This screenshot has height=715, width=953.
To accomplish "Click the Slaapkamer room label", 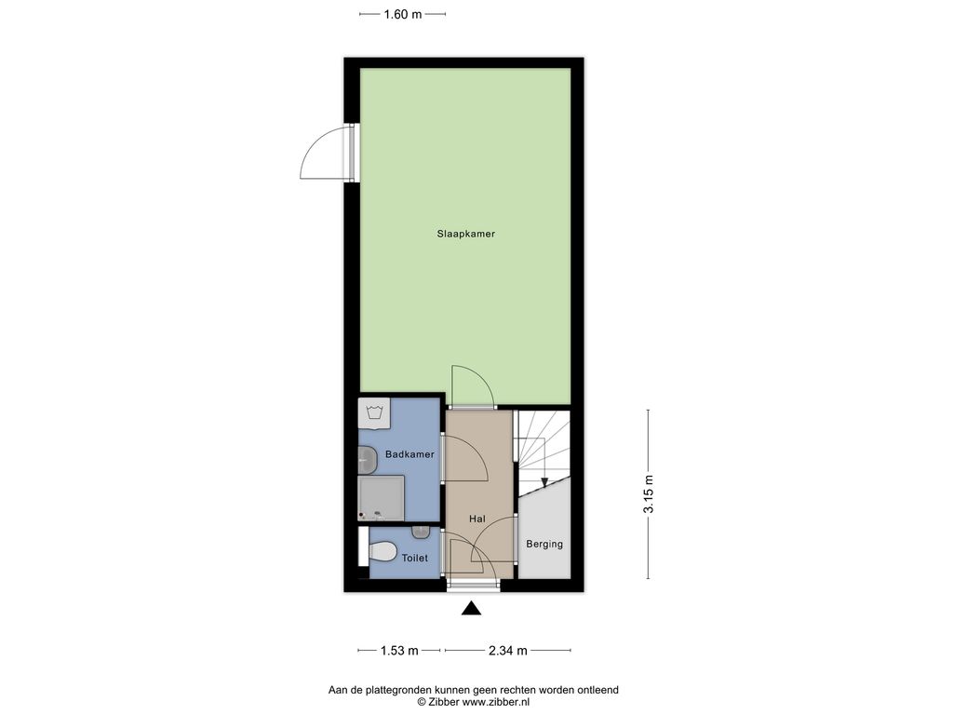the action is [x=465, y=234].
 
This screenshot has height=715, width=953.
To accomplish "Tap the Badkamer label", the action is [x=409, y=454].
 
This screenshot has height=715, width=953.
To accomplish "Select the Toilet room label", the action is [x=414, y=558].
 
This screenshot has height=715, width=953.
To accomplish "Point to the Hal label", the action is [x=477, y=519].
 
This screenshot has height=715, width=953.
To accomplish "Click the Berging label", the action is [x=544, y=544].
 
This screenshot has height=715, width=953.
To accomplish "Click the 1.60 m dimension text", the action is [x=402, y=14].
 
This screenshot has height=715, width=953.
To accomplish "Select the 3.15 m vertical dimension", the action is [x=649, y=493].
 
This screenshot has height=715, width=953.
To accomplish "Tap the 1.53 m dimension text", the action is [x=399, y=651].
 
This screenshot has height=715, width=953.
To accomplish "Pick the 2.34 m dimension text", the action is [x=507, y=651].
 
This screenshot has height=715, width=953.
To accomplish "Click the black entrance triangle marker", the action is [x=471, y=609].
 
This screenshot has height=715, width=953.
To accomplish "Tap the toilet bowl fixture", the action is [x=381, y=553].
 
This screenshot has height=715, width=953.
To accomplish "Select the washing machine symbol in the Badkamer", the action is [x=374, y=414].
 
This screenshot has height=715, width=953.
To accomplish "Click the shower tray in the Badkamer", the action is [x=381, y=499].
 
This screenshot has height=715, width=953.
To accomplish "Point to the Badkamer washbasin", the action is [x=367, y=460].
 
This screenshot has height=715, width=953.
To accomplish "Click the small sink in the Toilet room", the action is [x=421, y=533].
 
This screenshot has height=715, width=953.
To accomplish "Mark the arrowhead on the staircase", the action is [x=544, y=482].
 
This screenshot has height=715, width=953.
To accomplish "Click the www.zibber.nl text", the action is [x=496, y=702].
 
